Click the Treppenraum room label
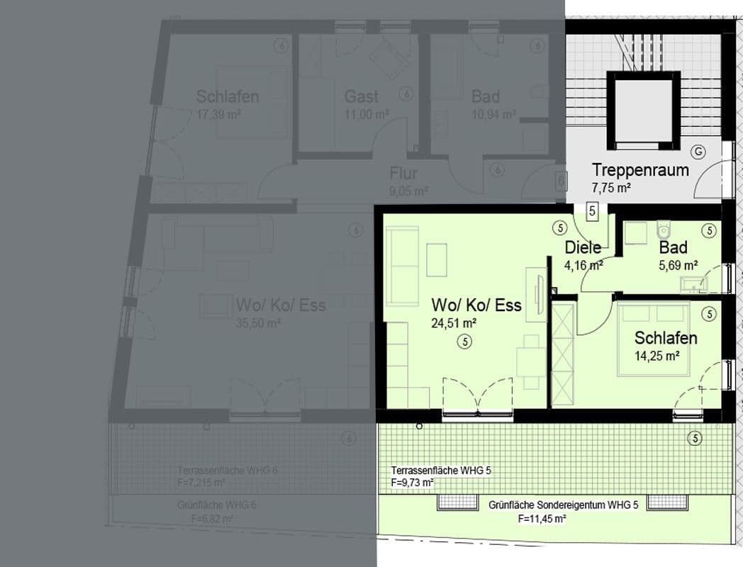pyautogui.click(x=640, y=170)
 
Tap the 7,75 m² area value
pyautogui.click(x=611, y=189)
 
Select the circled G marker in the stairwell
pyautogui.click(x=699, y=152)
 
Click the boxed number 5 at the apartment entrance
pyautogui.click(x=593, y=210)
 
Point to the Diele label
pyautogui.click(x=583, y=247)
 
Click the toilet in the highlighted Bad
pyautogui.click(x=664, y=230)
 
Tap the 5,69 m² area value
pyautogui.click(x=673, y=266)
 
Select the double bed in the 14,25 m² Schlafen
pyautogui.click(x=654, y=339)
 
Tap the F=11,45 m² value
pyautogui.click(x=542, y=520)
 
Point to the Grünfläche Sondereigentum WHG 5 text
pyautogui.click(x=564, y=505)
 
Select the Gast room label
pyautogui.click(x=361, y=96)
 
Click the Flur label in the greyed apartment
pyautogui.click(x=403, y=174)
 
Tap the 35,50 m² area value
pyautogui.click(x=259, y=323)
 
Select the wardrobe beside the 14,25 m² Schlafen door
pyautogui.click(x=562, y=352)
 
